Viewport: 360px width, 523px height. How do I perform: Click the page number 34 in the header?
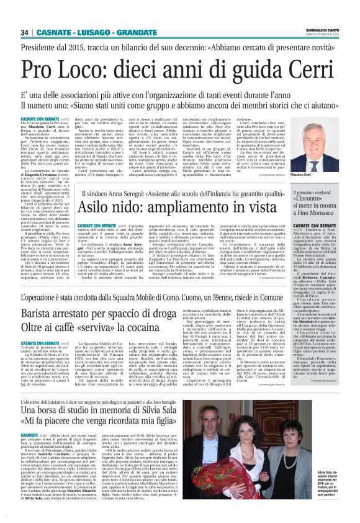tap(24, 32)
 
